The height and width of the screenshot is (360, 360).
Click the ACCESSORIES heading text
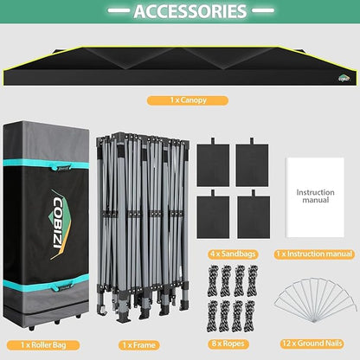(190, 11)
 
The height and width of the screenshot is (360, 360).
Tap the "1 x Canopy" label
(188, 100)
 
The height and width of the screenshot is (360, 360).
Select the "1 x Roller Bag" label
(43, 345)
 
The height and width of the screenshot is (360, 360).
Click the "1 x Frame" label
(139, 345)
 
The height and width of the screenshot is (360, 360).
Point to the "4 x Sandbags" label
(233, 254)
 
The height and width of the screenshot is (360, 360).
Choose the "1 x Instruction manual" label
(314, 254)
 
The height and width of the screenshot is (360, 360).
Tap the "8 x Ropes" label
(228, 344)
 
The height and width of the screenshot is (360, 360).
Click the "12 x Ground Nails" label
(312, 344)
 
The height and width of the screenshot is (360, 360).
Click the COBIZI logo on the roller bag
(60, 224)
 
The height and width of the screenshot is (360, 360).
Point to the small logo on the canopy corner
(344, 78)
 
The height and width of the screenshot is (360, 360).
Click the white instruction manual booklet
(315, 197)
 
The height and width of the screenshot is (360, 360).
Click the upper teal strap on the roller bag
(46, 165)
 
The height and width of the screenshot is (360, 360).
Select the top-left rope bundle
(214, 280)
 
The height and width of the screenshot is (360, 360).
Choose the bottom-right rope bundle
(250, 316)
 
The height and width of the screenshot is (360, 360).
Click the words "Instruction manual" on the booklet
(316, 196)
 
